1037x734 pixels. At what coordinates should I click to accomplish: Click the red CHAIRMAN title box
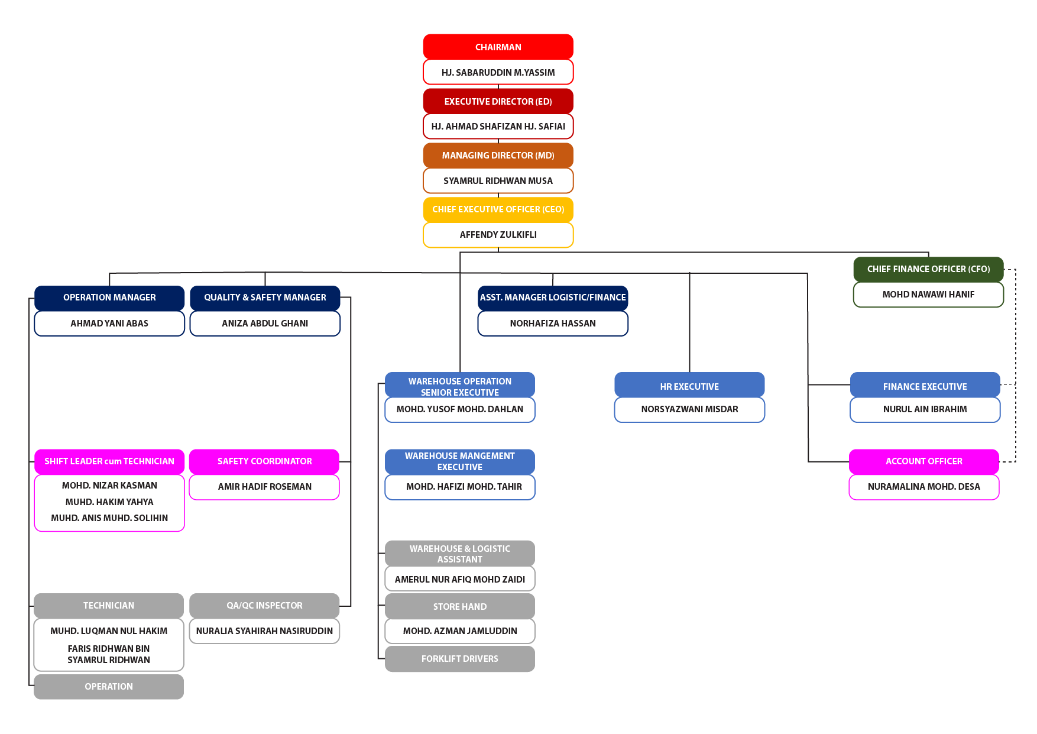point(498,47)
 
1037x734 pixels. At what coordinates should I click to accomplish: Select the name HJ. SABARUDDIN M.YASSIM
point(498,72)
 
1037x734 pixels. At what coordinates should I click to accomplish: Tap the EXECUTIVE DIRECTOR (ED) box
point(498,101)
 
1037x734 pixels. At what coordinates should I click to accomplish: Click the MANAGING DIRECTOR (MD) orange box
point(498,155)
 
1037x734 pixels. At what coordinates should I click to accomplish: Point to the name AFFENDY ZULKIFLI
point(498,235)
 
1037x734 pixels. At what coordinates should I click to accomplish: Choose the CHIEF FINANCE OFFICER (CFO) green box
point(928,269)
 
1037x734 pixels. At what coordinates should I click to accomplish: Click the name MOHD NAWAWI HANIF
point(928,295)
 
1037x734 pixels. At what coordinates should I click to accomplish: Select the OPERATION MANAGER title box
point(109,298)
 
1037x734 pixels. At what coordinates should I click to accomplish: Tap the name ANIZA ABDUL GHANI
point(265,324)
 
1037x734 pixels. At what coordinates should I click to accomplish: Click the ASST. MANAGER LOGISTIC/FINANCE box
point(553,298)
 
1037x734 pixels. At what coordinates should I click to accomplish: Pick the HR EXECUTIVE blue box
point(689,386)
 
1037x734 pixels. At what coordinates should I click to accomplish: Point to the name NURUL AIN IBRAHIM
point(925,409)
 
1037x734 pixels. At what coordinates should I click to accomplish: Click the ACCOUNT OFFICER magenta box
point(923,461)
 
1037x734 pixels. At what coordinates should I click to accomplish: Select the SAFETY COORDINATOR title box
point(264,461)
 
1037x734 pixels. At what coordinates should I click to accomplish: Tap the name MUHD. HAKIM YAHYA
point(109,502)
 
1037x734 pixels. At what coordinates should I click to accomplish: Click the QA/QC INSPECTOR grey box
point(264,606)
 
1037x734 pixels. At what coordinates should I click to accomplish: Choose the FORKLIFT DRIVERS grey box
point(459,659)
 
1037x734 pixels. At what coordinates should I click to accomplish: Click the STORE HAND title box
point(459,606)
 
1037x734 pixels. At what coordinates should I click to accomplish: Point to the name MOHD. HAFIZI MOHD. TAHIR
point(464,487)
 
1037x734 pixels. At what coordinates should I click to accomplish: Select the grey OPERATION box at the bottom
point(109,687)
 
